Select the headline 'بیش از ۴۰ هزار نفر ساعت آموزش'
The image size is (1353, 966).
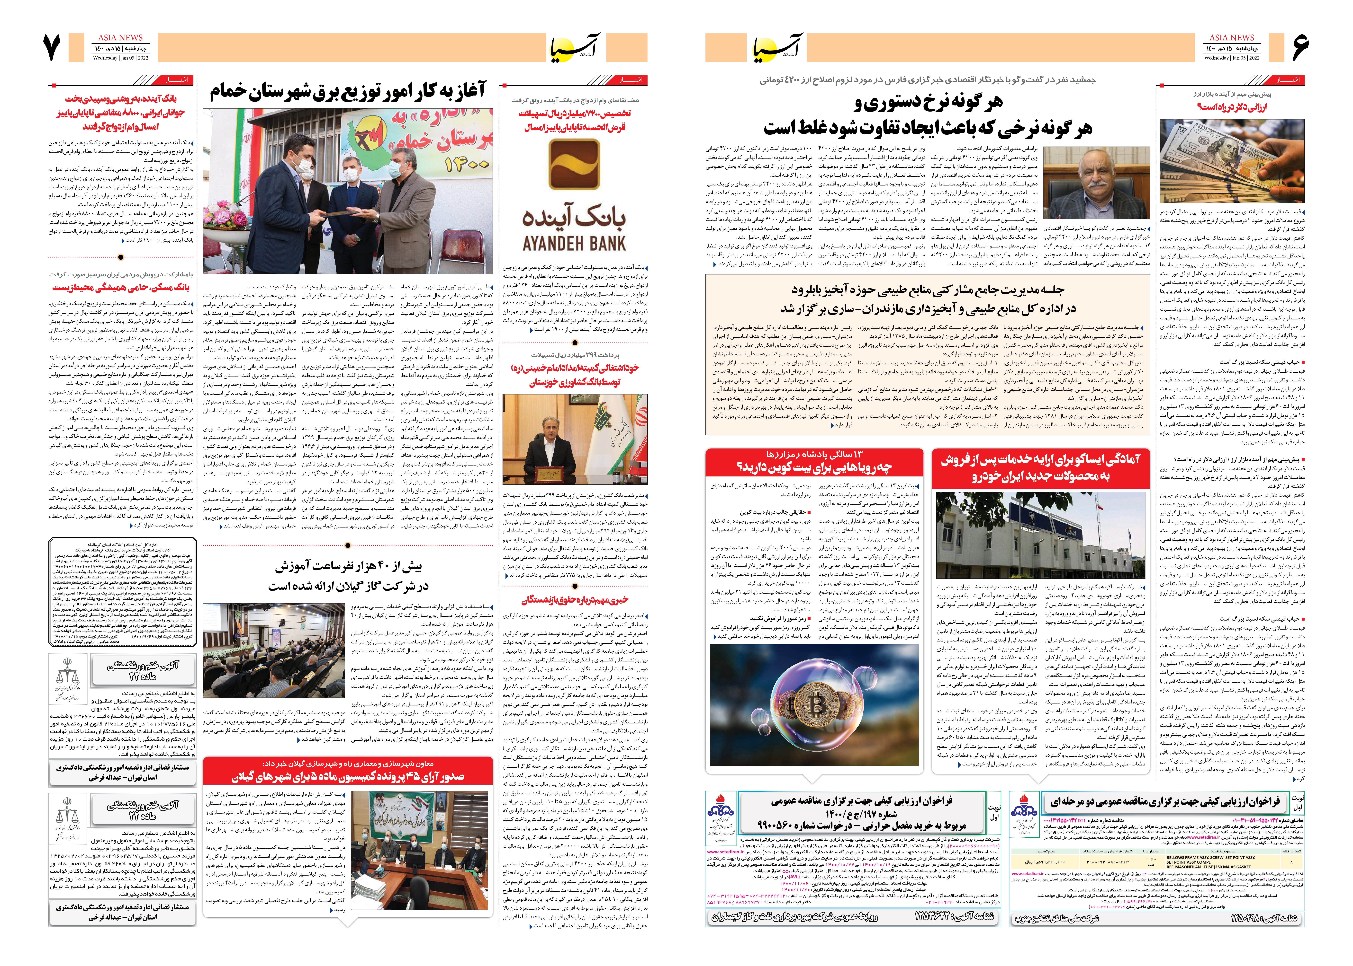pyautogui.click(x=348, y=566)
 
